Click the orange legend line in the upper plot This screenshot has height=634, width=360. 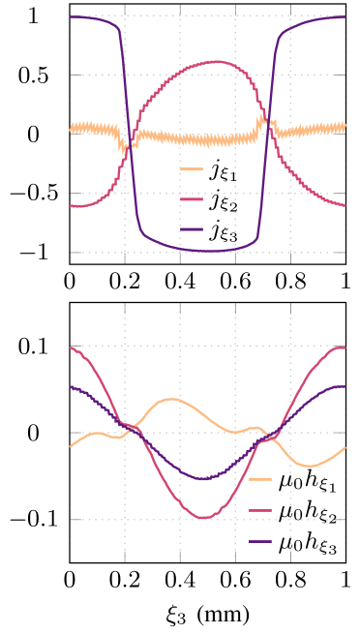point(192,168)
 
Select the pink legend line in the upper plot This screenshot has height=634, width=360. point(192,199)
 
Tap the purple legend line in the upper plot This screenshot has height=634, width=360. point(192,229)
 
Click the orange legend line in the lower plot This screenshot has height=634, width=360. point(260,478)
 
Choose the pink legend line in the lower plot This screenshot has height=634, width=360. point(260,510)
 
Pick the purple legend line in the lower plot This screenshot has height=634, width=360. point(260,541)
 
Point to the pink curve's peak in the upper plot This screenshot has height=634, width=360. point(213,62)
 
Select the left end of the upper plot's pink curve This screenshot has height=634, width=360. point(71,205)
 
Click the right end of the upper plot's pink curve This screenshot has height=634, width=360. point(345,205)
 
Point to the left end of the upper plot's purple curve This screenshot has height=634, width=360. point(71,16)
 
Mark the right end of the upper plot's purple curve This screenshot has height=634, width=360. point(345,16)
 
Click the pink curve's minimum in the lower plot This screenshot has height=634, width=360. point(204,518)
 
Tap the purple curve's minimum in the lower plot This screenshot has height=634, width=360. point(204,478)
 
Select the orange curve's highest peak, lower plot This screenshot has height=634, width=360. point(171,399)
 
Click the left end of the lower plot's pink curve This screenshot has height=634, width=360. point(71,347)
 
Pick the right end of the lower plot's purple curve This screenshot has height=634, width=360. point(345,386)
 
